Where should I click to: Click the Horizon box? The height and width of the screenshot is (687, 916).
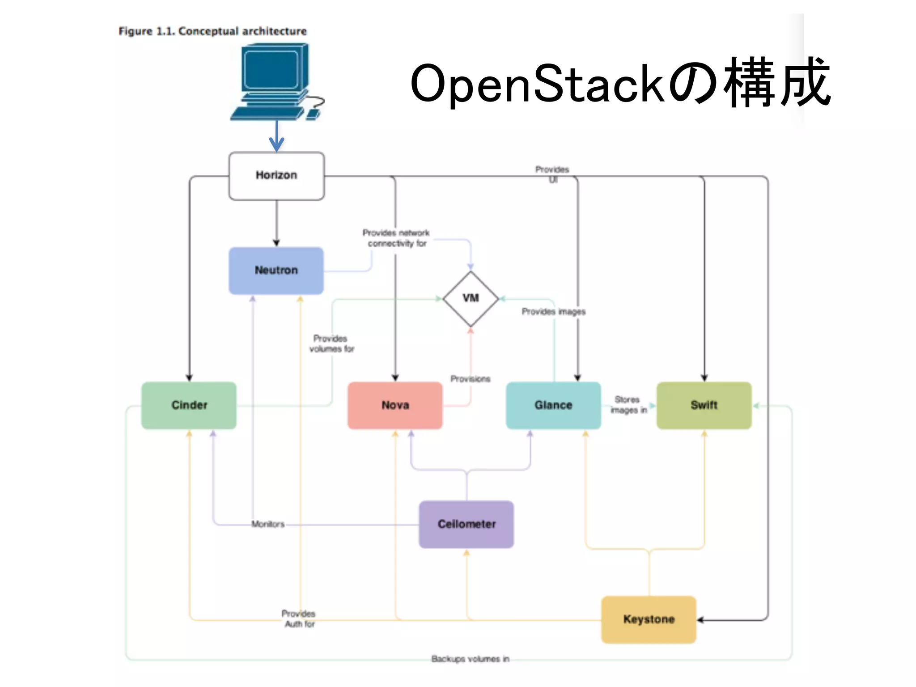pos(276,175)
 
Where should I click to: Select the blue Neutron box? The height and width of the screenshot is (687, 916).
pos(276,270)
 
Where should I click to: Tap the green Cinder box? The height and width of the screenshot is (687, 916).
pos(189,405)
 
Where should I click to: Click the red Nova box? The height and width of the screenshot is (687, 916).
pos(395,405)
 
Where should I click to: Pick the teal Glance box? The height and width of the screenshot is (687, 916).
pos(553,405)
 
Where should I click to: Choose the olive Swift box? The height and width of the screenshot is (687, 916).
pos(704,405)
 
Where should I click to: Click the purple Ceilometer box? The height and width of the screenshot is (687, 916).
pos(466,524)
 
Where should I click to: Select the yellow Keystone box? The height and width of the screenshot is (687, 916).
pos(649,619)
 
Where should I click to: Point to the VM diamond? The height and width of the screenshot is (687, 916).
pos(471,298)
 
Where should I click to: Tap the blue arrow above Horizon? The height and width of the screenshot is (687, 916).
pos(276,136)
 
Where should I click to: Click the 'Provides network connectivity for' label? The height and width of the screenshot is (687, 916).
pos(396,238)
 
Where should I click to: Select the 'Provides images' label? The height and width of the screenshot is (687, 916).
pos(553,312)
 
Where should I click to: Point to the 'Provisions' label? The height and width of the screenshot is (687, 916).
pos(470,379)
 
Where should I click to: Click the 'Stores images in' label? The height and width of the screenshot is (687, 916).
pos(628,405)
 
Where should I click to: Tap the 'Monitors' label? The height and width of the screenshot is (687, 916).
pos(267,524)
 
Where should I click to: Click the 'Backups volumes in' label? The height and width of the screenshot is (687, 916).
pos(470,659)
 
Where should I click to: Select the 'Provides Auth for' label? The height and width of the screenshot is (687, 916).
pos(299,619)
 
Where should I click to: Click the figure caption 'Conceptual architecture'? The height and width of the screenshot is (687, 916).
pos(242,31)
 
